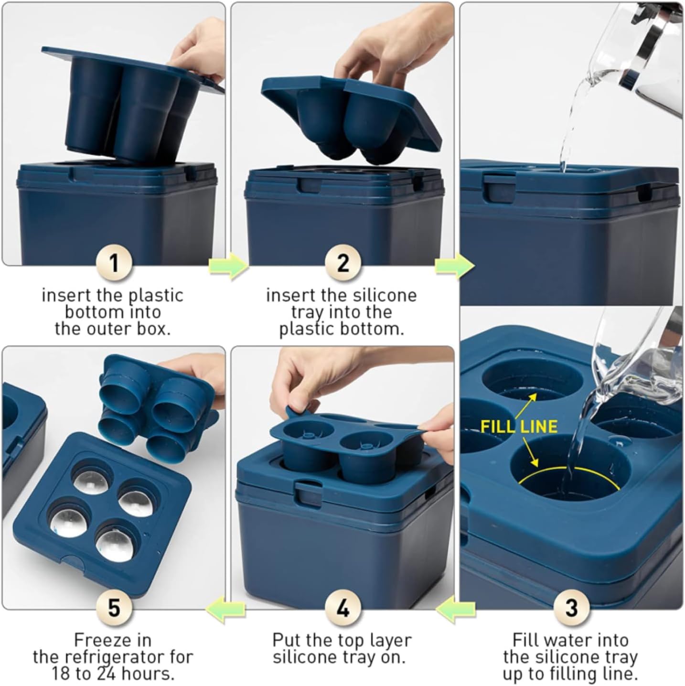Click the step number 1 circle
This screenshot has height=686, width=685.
tap(114, 264)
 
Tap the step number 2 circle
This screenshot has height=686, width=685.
tap(342, 264)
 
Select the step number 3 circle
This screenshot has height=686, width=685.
tap(571, 608)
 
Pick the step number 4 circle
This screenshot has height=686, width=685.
tap(342, 608)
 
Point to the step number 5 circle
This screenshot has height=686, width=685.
tap(114, 608)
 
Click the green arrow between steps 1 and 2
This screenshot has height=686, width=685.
tap(228, 266)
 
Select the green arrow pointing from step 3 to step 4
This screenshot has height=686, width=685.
tap(456, 611)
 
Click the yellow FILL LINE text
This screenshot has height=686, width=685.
tap(519, 426)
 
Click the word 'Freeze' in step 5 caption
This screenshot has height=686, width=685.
tap(113, 640)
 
